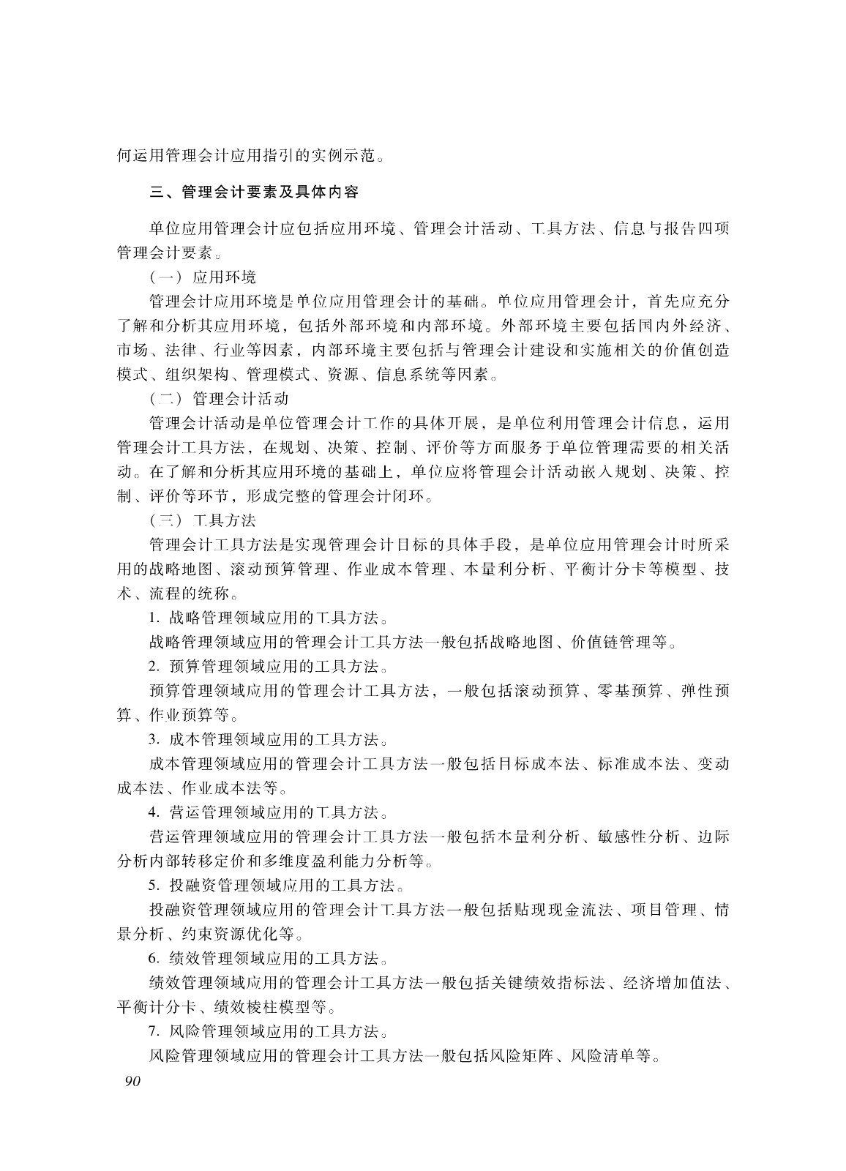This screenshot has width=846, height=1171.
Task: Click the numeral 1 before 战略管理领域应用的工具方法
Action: (151, 618)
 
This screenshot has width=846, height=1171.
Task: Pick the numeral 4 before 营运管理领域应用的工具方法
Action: (152, 812)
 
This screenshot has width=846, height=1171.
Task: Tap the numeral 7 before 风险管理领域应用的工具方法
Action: (152, 1032)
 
